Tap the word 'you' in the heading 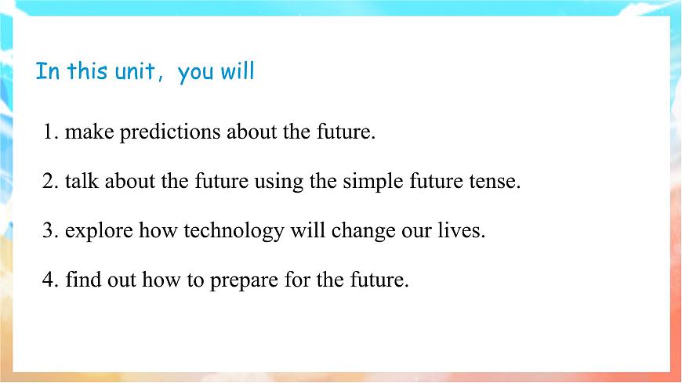[194, 73]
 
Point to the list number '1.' [51, 132]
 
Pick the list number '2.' [51, 182]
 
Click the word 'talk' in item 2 [82, 182]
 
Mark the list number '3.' [51, 232]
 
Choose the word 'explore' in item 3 [100, 232]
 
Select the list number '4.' [51, 280]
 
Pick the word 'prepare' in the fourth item [244, 280]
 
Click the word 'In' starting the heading [47, 72]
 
